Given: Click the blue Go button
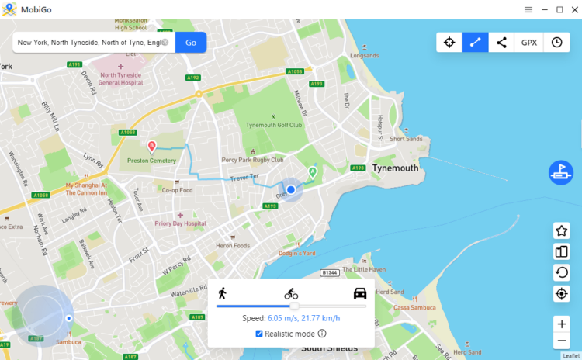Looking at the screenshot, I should pyautogui.click(x=190, y=42).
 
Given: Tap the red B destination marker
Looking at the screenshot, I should pyautogui.click(x=151, y=145).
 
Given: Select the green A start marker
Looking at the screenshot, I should pyautogui.click(x=313, y=171).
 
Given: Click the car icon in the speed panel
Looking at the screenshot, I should pyautogui.click(x=360, y=292).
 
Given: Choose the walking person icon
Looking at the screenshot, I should pyautogui.click(x=222, y=292).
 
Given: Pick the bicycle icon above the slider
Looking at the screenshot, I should pyautogui.click(x=291, y=293).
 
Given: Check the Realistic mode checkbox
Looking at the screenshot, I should pyautogui.click(x=259, y=334).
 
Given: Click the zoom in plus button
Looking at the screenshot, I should pyautogui.click(x=561, y=324).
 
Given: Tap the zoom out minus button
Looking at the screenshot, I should pyautogui.click(x=561, y=341).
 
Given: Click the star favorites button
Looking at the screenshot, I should pyautogui.click(x=561, y=230).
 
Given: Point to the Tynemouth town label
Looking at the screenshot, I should pyautogui.click(x=395, y=168).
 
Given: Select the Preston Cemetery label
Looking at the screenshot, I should pyautogui.click(x=151, y=161).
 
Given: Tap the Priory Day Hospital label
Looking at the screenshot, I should pyautogui.click(x=180, y=223).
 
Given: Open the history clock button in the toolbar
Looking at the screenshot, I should pyautogui.click(x=556, y=43).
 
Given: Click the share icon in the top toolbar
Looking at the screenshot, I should pyautogui.click(x=502, y=43).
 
